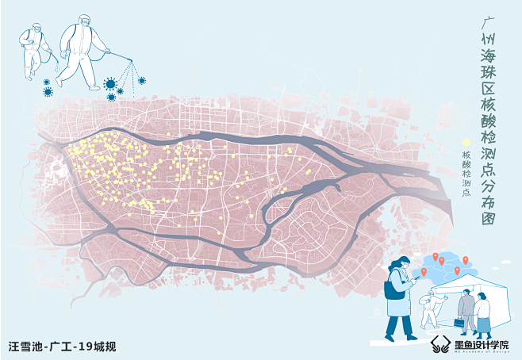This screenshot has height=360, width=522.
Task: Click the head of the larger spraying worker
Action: pos(83,21)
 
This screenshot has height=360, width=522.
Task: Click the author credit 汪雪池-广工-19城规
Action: pos(62,346)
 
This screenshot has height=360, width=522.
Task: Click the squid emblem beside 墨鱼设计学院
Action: pos(441,343)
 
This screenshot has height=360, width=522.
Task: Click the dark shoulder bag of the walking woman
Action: pos(393,287)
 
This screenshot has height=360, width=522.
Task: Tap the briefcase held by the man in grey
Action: pos(459,323)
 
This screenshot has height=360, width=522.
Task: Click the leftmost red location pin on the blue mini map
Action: pos(425,273)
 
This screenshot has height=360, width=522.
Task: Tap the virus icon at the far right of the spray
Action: pos(142,80)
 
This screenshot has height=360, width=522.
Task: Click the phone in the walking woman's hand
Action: pos(413,281)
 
